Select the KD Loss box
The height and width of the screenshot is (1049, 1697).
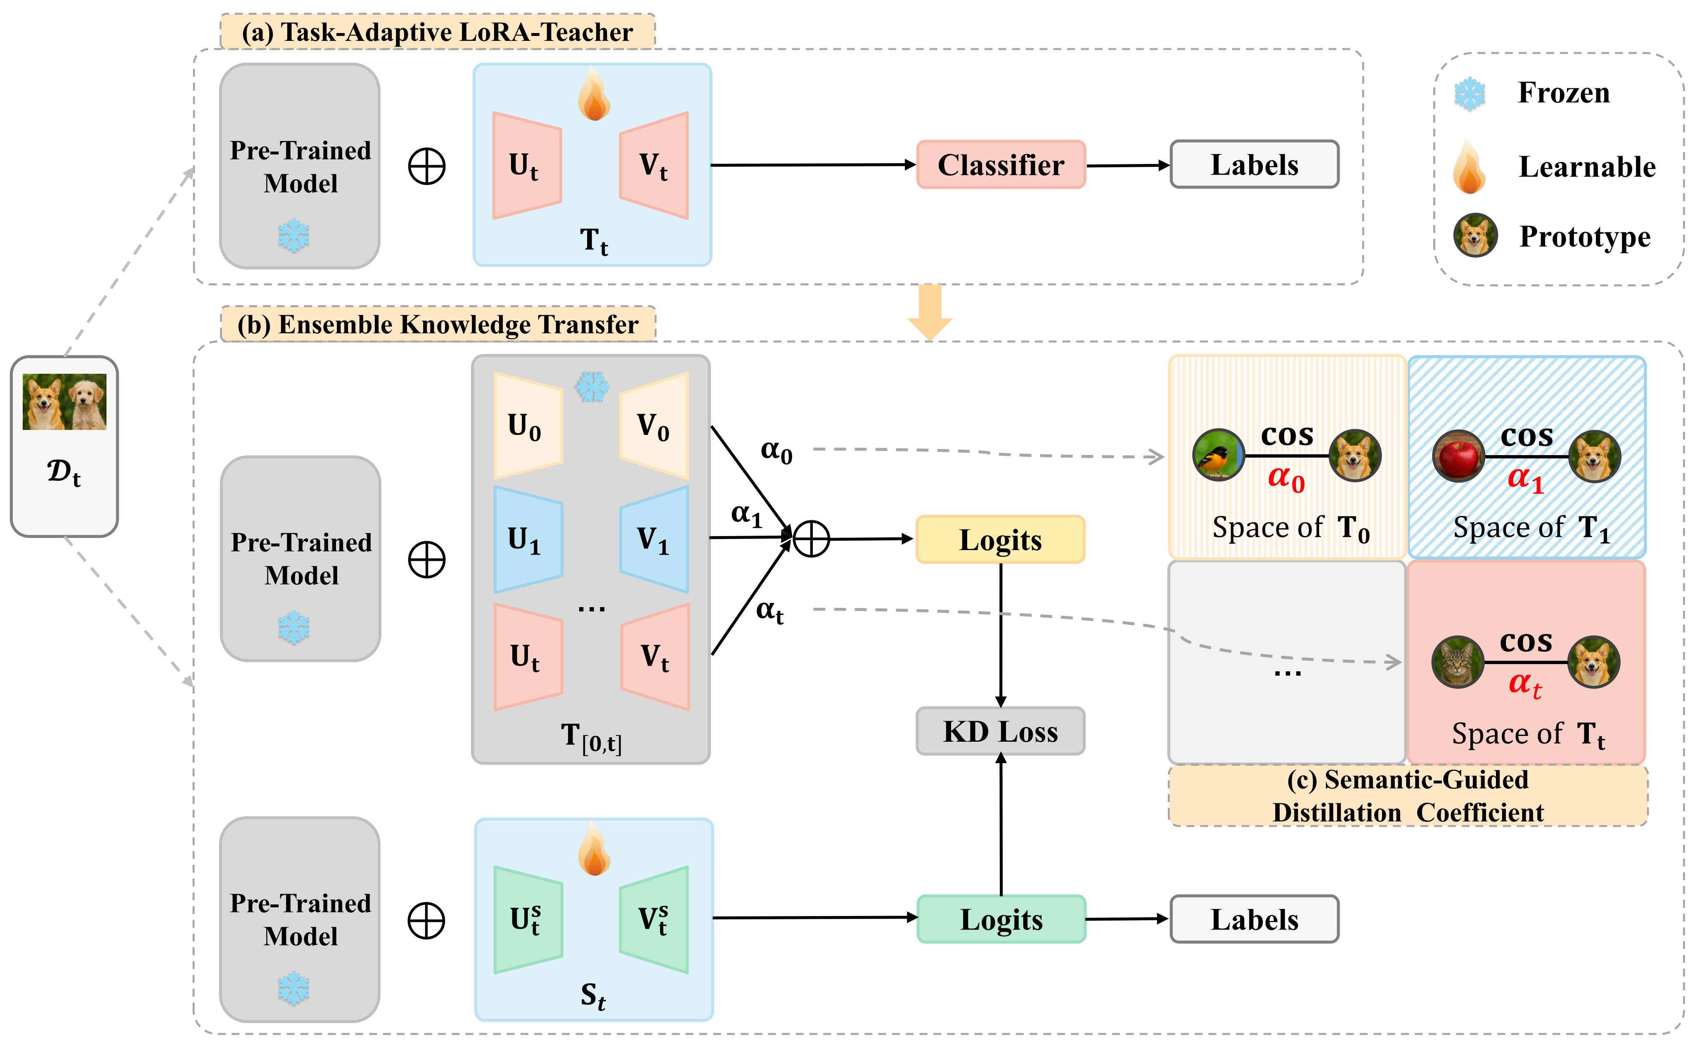[x=1000, y=731]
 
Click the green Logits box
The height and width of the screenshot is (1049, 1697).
[x=1001, y=919]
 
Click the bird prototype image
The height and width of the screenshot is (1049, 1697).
[x=1219, y=455]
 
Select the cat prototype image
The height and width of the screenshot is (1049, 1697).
[x=1457, y=662]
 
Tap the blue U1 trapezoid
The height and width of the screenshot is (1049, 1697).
[x=528, y=539]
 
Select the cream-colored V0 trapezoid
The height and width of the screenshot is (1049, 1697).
[x=654, y=426]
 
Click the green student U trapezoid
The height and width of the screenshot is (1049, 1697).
[x=528, y=919]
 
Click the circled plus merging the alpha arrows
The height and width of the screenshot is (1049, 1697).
[x=811, y=539]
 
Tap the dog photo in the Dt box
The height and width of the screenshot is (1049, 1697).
[x=64, y=402]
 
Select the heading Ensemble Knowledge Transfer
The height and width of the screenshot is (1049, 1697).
[x=438, y=325]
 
